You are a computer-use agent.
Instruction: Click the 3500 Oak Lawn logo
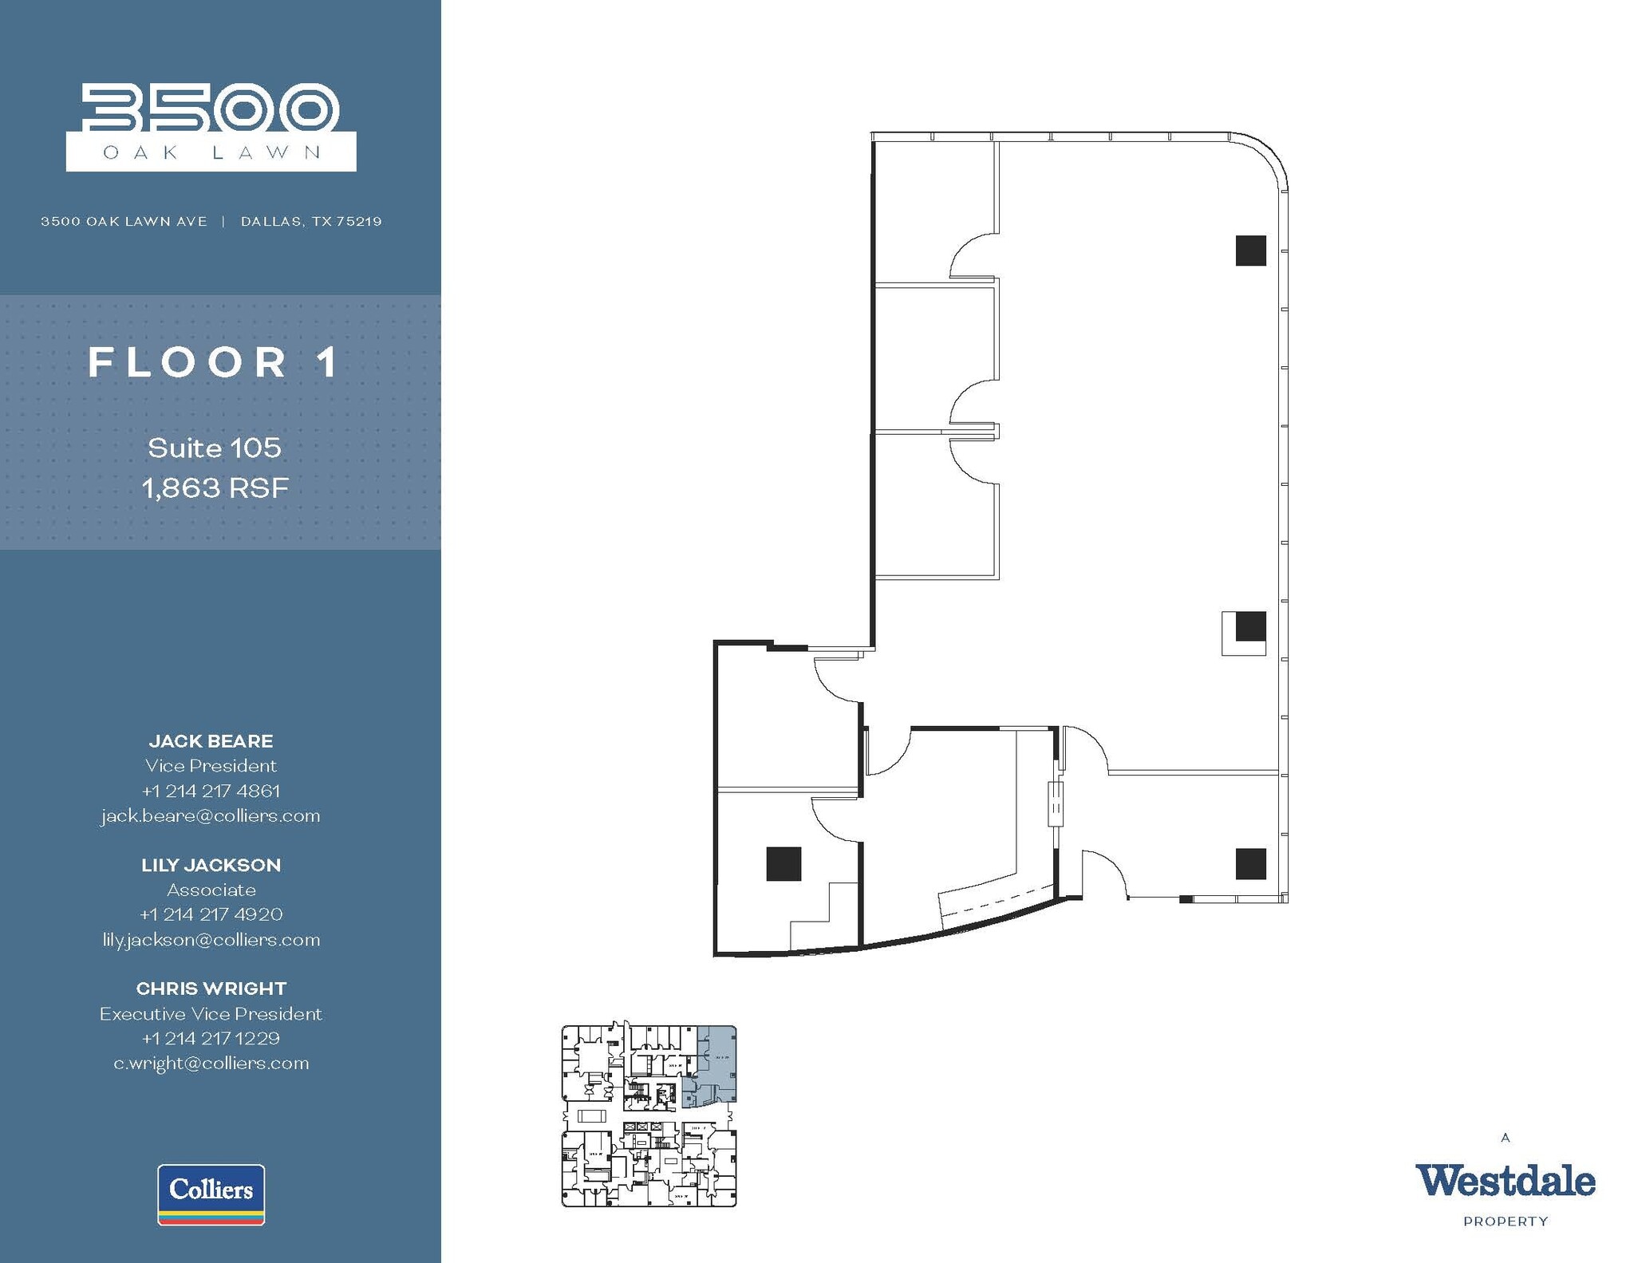pos(211,128)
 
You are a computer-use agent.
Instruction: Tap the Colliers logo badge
pos(211,1194)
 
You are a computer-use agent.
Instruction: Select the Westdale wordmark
pos(1505,1182)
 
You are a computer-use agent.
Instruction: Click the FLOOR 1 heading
pos(214,362)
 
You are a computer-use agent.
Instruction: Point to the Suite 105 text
pos(215,448)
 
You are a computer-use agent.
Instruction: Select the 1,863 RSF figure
pos(215,488)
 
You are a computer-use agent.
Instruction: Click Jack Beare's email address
pos(211,815)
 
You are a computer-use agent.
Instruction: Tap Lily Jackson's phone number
pos(211,914)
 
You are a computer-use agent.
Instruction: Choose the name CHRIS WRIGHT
pos(211,989)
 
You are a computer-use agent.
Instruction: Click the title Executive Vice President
pos(211,1013)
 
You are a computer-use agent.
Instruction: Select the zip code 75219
pos(358,222)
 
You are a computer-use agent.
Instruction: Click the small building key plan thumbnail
pos(649,1115)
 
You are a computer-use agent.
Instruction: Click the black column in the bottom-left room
pos(783,864)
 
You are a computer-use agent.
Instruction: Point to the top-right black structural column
pos(1250,251)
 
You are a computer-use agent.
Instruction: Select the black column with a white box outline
pos(1250,626)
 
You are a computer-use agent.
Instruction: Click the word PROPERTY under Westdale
pos(1505,1222)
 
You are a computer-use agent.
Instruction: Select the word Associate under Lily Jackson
pos(211,890)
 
